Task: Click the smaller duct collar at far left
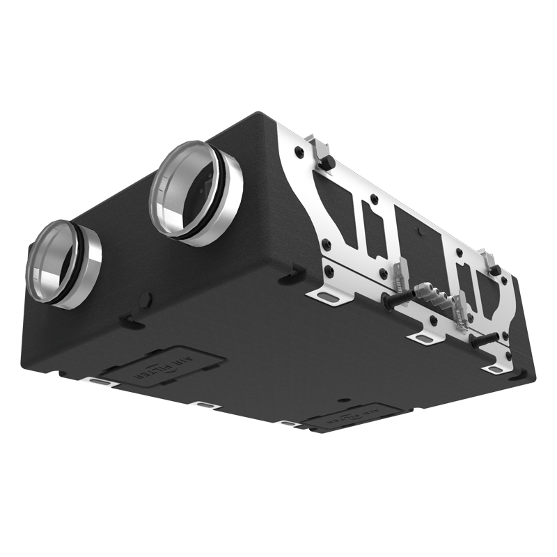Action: point(63,263)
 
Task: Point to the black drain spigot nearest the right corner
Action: point(480,341)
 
